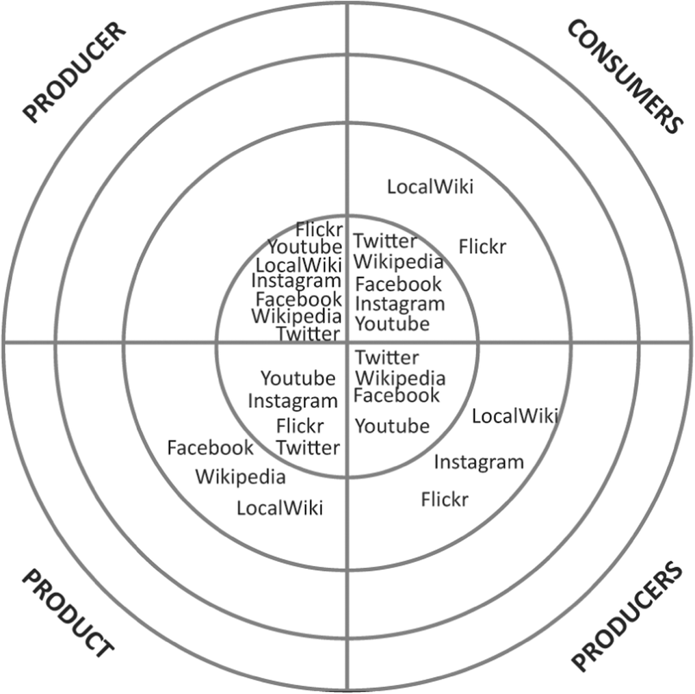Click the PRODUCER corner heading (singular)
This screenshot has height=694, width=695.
[x=76, y=73]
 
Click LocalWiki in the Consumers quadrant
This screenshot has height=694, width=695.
[x=430, y=186]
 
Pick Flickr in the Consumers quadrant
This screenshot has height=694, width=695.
[x=482, y=246]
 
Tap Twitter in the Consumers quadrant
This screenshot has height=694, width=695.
[x=385, y=241]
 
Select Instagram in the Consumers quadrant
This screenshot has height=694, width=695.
[x=399, y=303]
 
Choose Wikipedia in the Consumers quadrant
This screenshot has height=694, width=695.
[x=398, y=261]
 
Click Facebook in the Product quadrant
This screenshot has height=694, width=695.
[x=210, y=448]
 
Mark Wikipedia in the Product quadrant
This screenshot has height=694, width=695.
[x=240, y=476]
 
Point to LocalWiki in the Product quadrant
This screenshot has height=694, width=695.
[x=280, y=508]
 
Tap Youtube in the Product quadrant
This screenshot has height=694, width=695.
[x=298, y=378]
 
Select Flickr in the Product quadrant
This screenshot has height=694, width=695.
[x=300, y=426]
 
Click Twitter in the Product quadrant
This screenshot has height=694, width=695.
[x=308, y=448]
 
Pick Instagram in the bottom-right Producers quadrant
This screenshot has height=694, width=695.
[x=479, y=462]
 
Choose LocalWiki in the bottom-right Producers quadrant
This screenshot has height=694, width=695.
[x=515, y=415]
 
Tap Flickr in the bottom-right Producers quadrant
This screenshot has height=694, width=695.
[x=445, y=499]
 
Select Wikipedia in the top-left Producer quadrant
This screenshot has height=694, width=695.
[x=296, y=316]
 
